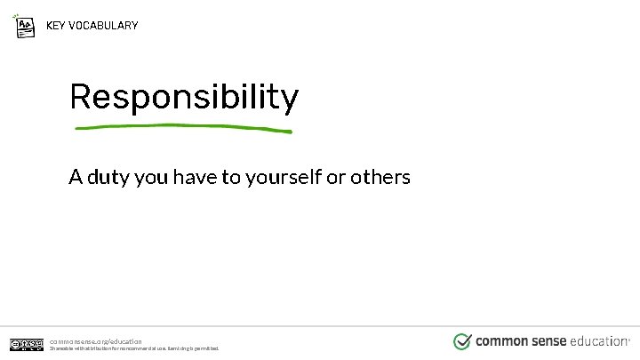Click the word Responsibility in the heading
[x=183, y=98]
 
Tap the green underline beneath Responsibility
[x=183, y=128]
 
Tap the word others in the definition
[x=380, y=177]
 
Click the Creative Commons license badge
[x=27, y=344]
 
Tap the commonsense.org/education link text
[x=95, y=340]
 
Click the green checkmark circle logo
[x=462, y=341]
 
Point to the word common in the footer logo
[x=500, y=340]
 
